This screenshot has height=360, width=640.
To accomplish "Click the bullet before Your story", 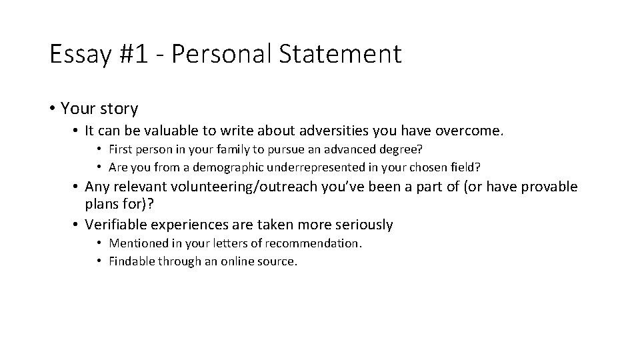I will pyautogui.click(x=51, y=108).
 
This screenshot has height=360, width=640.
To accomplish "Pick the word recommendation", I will pyautogui.click(x=315, y=243).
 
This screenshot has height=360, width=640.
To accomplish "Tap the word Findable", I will pyautogui.click(x=131, y=261).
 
